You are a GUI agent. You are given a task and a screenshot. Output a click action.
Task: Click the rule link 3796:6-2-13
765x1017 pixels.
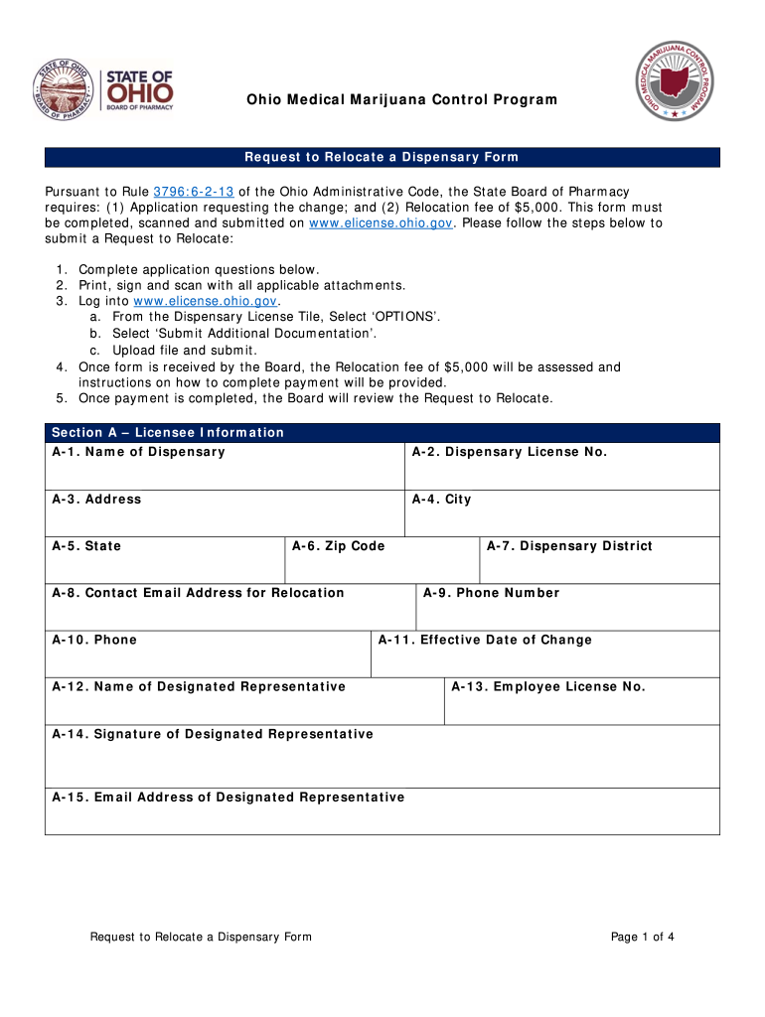194,191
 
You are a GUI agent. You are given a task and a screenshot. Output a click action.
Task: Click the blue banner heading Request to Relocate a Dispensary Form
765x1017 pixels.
382,158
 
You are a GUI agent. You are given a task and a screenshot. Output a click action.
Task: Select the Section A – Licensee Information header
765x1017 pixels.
168,432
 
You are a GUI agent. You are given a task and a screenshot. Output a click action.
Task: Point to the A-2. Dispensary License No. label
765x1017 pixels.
509,452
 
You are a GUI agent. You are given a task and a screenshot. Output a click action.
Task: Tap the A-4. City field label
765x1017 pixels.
441,499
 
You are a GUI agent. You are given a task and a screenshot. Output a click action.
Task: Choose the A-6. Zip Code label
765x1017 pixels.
338,546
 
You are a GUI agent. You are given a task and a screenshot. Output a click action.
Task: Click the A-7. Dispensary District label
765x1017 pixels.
569,546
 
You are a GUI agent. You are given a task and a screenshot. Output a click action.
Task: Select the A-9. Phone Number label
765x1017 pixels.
491,593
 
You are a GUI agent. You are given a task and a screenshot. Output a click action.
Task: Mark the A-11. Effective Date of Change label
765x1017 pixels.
485,640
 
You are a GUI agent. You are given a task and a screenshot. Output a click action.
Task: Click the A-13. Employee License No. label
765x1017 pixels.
548,686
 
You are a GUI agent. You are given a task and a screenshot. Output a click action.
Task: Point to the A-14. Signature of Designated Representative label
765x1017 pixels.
213,734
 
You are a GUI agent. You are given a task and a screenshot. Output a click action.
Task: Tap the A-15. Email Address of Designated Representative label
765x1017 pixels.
229,797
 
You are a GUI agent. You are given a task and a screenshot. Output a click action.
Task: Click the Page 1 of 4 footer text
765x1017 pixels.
643,937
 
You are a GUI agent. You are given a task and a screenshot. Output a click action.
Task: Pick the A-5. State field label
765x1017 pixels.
86,546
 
